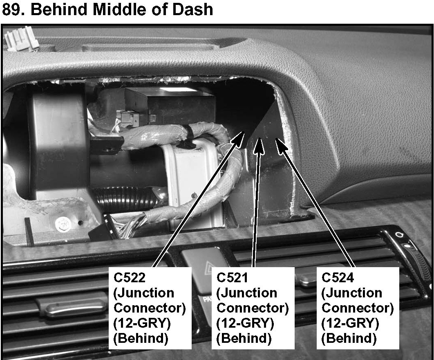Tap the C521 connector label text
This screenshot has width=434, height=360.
tap(232, 278)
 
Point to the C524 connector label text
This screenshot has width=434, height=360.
tap(338, 278)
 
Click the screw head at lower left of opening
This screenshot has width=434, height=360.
tap(63, 223)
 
